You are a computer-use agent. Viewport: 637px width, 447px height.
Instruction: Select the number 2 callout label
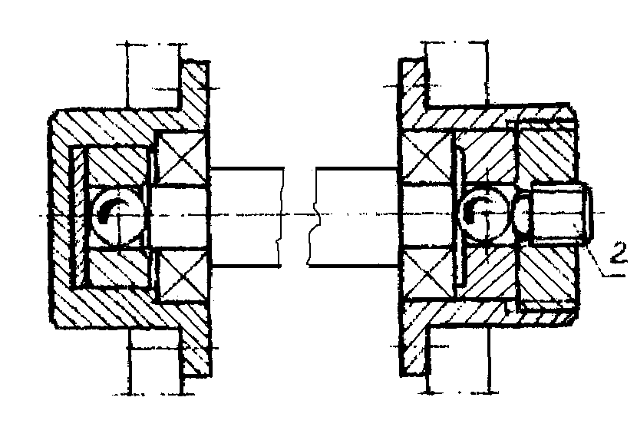pos(619,255)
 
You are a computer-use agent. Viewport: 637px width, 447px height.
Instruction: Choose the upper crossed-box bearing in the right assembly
pos(427,156)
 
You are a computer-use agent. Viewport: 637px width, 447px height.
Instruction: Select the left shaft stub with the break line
pos(246,217)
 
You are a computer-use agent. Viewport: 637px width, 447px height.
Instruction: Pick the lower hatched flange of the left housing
pos(196,346)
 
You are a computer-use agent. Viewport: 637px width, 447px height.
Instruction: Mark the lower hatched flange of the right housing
pos(414,346)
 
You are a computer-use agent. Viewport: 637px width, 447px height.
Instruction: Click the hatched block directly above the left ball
pos(119,166)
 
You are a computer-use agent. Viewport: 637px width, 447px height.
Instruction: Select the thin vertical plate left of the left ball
pos(78,217)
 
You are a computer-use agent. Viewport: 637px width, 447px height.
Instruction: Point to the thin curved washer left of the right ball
pos(459,215)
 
